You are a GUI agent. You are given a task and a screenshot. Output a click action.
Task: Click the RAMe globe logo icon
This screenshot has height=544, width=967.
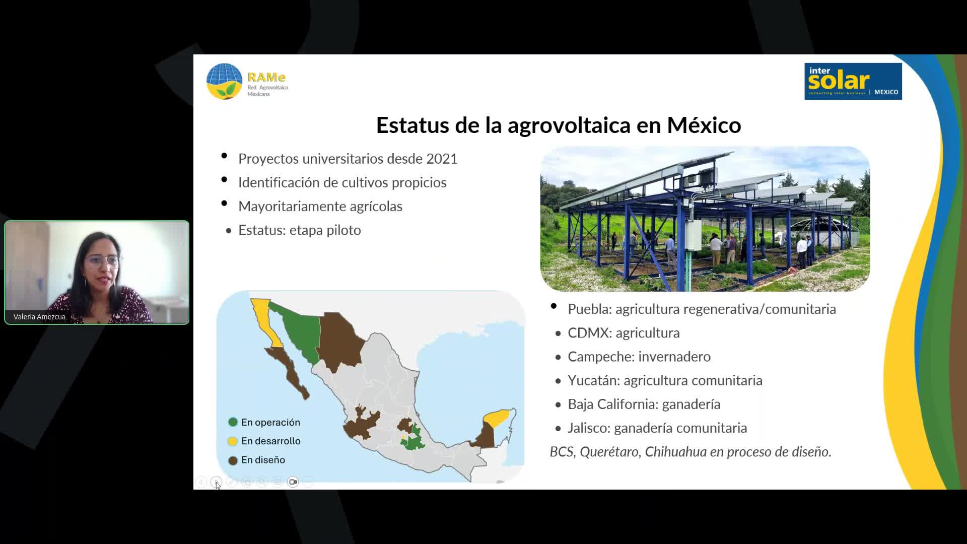(x=224, y=81)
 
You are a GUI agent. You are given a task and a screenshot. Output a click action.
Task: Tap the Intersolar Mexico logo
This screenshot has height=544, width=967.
(x=853, y=81)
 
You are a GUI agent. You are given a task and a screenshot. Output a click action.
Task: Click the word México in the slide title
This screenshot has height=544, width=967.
(x=704, y=125)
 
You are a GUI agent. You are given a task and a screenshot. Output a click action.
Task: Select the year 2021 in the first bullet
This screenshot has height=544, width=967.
(x=442, y=159)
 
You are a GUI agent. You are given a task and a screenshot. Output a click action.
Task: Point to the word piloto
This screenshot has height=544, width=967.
(x=343, y=230)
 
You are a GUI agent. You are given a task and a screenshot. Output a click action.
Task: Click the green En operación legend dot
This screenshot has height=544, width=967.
(x=233, y=422)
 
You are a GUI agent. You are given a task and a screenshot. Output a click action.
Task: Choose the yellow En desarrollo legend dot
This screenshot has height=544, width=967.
(x=233, y=441)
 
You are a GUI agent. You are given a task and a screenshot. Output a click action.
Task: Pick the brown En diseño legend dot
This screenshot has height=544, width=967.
(x=233, y=460)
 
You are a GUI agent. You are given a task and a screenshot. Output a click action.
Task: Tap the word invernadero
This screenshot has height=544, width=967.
(x=674, y=357)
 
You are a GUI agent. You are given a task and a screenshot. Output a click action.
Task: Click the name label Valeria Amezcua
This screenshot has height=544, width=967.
(x=39, y=317)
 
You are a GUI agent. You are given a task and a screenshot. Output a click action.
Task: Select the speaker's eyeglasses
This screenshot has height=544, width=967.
(x=102, y=261)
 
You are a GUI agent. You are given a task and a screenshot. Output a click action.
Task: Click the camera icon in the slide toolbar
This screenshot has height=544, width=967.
(x=293, y=482)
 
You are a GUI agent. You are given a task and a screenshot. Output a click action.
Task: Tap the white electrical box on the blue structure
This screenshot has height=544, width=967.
(x=693, y=235)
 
